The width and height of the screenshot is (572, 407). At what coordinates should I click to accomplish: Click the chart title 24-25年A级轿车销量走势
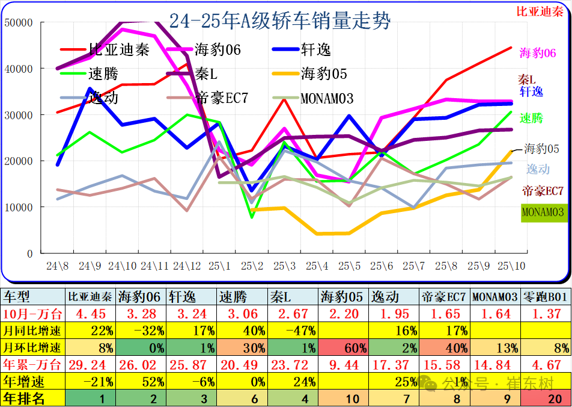[279, 22]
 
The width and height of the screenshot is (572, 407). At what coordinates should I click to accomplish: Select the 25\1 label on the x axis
[219, 266]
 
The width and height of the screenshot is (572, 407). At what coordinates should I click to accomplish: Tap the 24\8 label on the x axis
[58, 266]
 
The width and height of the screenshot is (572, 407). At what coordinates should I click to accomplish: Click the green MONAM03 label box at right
[543, 212]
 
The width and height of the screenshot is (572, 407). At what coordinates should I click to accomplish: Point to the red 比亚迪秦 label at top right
[540, 11]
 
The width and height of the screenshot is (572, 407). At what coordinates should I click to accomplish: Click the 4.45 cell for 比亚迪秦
[90, 314]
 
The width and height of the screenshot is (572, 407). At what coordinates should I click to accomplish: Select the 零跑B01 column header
[546, 297]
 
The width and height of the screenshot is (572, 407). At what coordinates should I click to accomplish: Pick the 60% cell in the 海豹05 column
[343, 347]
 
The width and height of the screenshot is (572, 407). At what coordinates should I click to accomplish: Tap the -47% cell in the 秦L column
[293, 331]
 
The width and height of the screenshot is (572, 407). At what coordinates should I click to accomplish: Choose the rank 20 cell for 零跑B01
[546, 399]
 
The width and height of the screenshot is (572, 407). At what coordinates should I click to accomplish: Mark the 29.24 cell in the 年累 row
[90, 364]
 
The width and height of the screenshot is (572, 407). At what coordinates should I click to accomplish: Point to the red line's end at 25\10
[511, 48]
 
